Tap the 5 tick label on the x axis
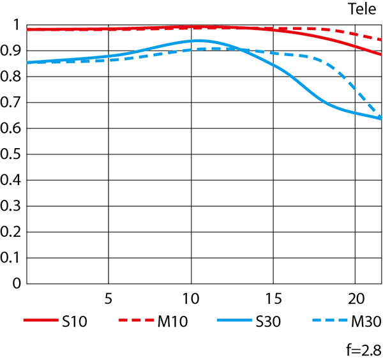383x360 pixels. (x=109, y=297)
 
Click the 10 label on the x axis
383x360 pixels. (x=191, y=297)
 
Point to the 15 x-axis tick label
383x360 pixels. (x=273, y=297)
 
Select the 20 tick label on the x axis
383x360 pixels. (x=356, y=297)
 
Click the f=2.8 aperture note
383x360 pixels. (x=361, y=349)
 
